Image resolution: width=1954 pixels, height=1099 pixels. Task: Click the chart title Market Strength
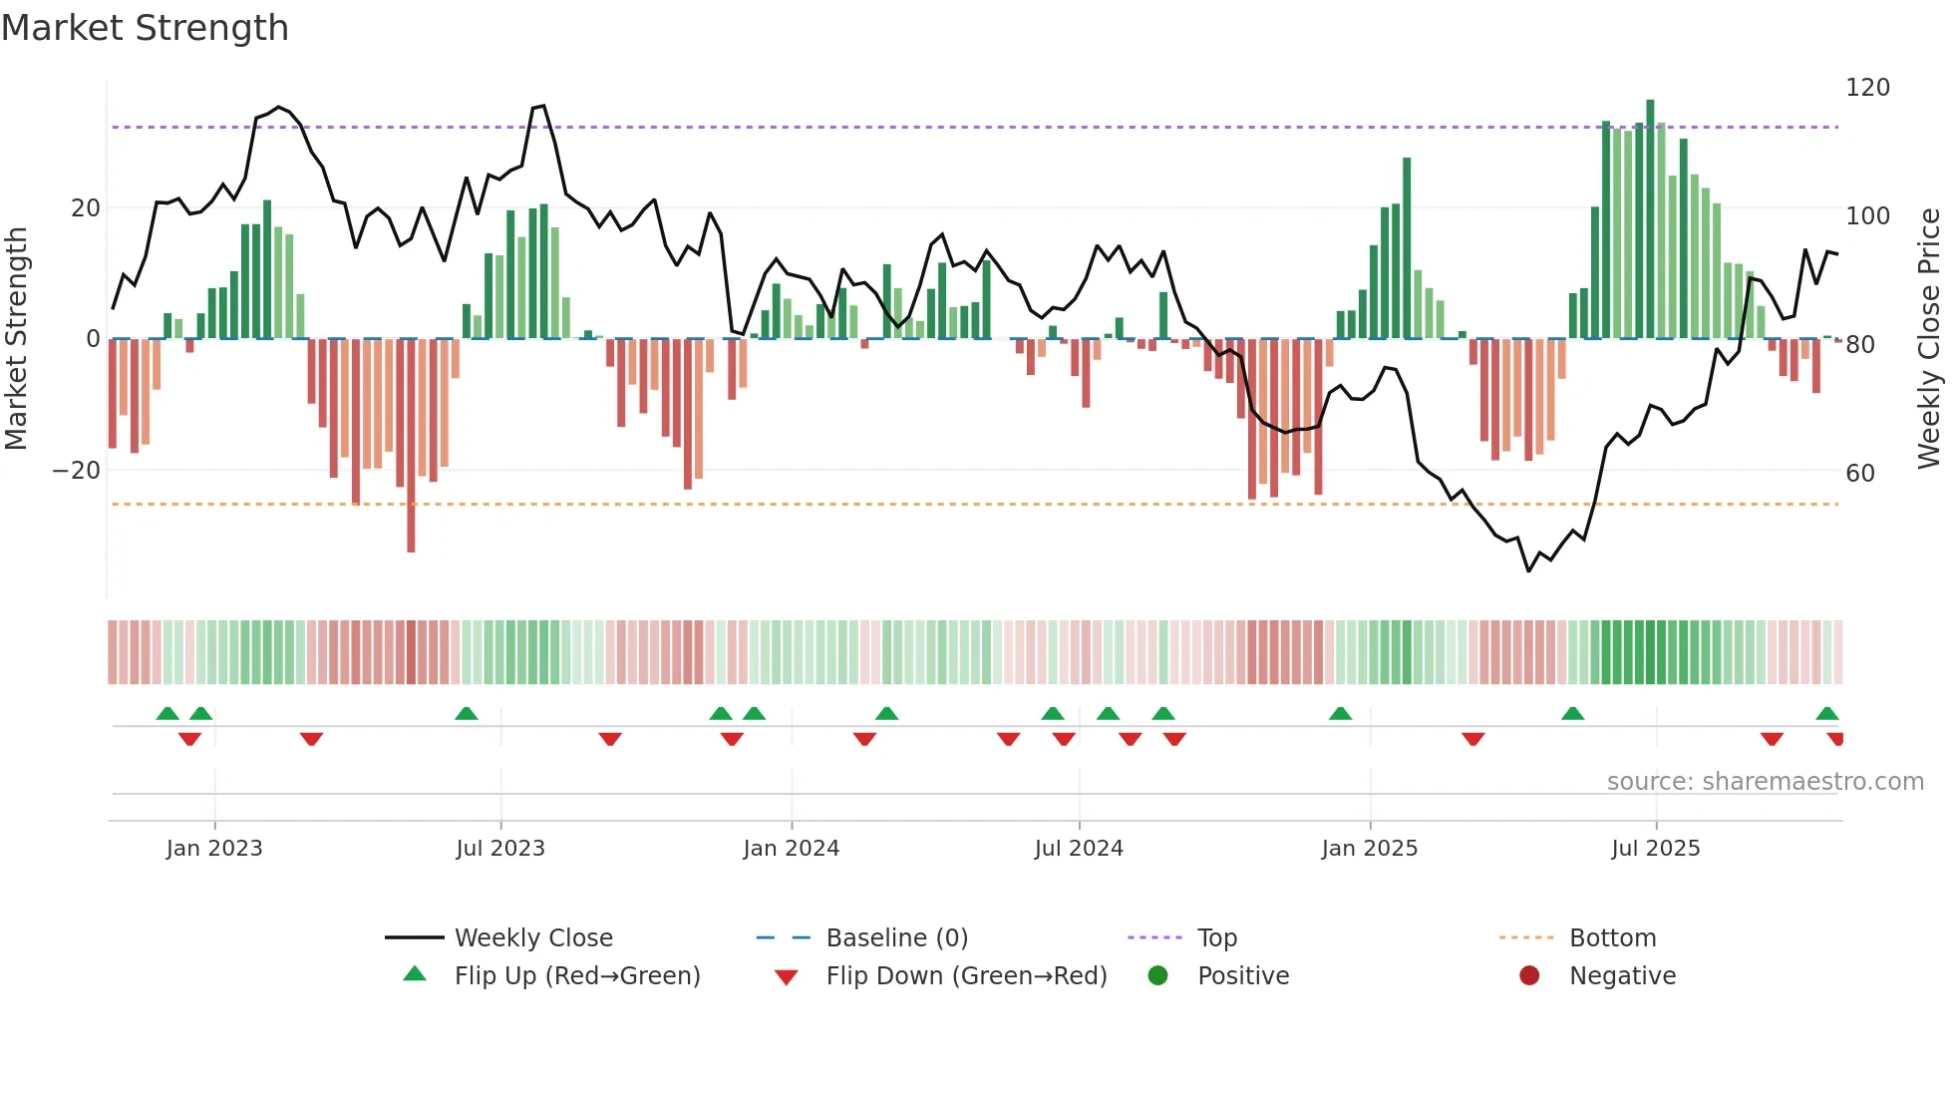click(145, 28)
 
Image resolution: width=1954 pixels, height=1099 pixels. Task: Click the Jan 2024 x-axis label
click(791, 849)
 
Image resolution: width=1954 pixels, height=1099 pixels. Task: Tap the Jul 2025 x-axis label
click(1655, 849)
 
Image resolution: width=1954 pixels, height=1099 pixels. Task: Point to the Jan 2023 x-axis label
click(214, 849)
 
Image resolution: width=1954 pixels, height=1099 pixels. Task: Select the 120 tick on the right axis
click(1867, 88)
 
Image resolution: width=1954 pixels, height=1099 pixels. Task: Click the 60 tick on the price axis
click(1860, 474)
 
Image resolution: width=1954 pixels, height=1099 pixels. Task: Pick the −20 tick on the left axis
click(77, 471)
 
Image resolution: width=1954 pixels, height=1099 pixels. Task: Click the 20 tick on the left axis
click(86, 208)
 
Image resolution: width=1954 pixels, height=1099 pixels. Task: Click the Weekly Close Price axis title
click(1929, 339)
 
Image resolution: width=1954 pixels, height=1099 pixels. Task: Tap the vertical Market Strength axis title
click(17, 339)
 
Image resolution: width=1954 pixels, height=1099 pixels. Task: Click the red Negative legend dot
click(1529, 975)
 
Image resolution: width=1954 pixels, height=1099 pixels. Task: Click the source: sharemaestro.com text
click(1765, 782)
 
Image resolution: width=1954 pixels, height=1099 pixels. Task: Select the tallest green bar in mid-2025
click(1650, 219)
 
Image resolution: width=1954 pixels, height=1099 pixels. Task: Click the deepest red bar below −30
click(411, 449)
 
